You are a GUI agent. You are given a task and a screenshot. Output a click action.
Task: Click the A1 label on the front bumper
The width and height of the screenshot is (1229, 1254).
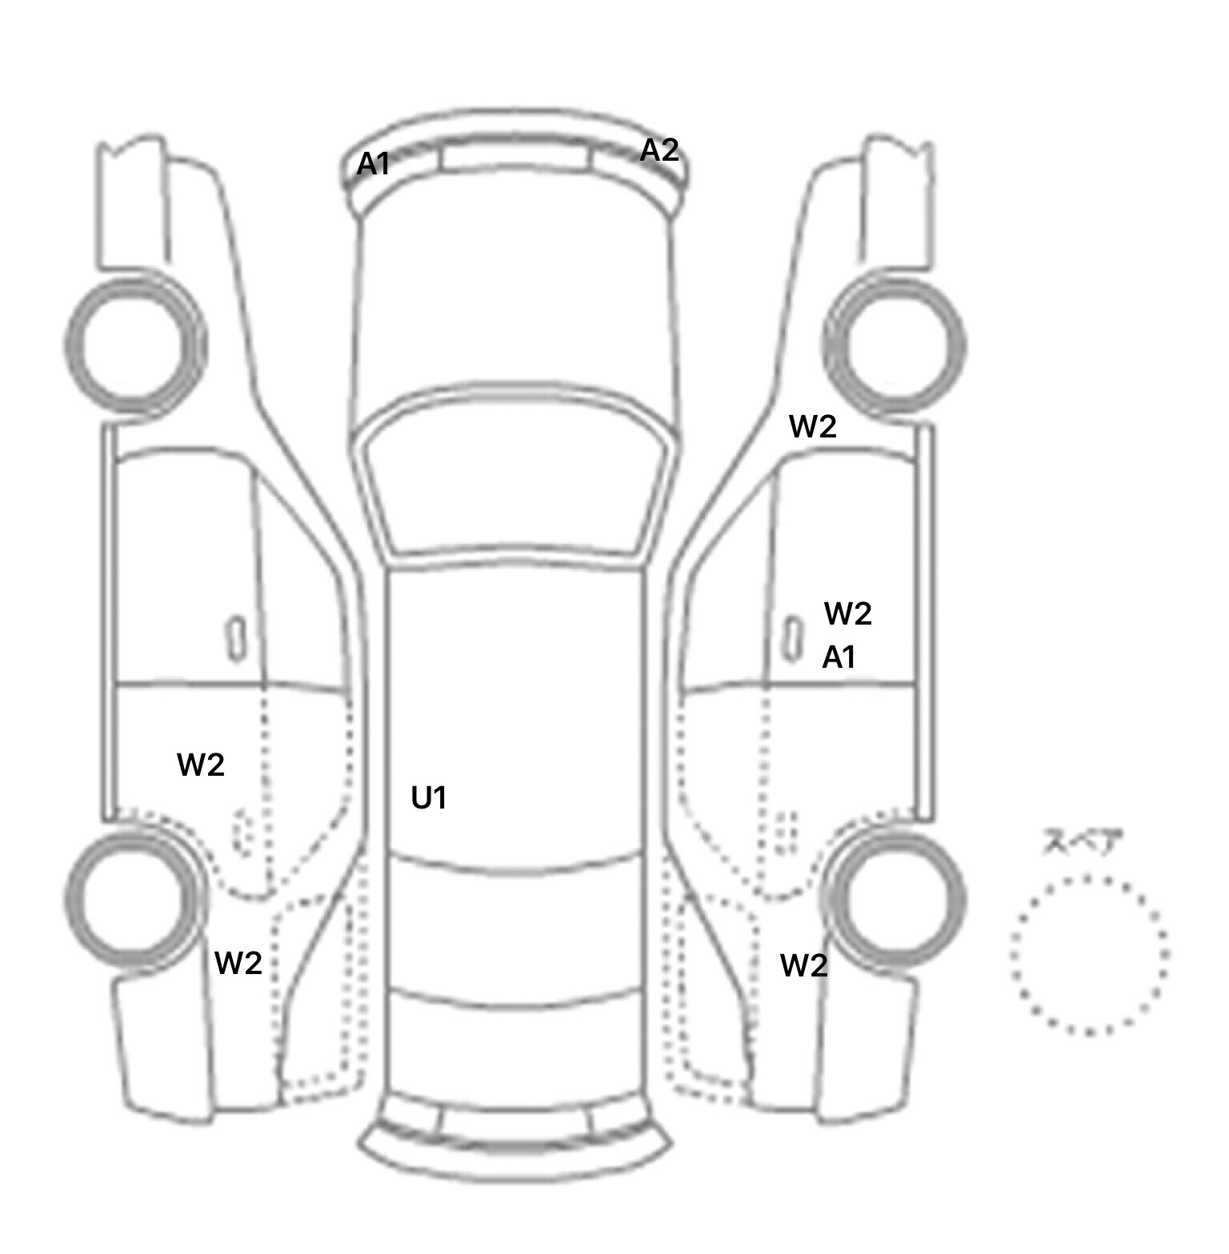373,164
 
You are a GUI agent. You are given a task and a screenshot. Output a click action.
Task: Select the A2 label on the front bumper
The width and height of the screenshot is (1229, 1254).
659,150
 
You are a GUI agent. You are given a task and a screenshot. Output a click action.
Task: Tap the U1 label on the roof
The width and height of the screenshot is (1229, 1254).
429,797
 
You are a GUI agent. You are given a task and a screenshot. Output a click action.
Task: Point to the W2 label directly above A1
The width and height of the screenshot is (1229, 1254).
847,613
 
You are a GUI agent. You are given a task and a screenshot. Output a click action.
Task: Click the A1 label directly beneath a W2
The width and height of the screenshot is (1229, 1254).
839,657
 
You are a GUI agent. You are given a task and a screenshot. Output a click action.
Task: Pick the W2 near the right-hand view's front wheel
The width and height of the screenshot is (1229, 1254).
813,426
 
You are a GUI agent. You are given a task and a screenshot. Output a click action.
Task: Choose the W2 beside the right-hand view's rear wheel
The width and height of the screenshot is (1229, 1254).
804,966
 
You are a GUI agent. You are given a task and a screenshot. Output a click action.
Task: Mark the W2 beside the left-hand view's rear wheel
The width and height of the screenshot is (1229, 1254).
238,963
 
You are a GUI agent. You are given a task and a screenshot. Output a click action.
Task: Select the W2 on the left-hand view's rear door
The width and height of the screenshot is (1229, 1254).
201,765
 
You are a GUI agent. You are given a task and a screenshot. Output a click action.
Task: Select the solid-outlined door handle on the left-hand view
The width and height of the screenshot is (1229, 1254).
236,639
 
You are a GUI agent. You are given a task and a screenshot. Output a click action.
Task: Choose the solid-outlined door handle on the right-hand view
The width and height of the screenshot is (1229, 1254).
792,639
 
